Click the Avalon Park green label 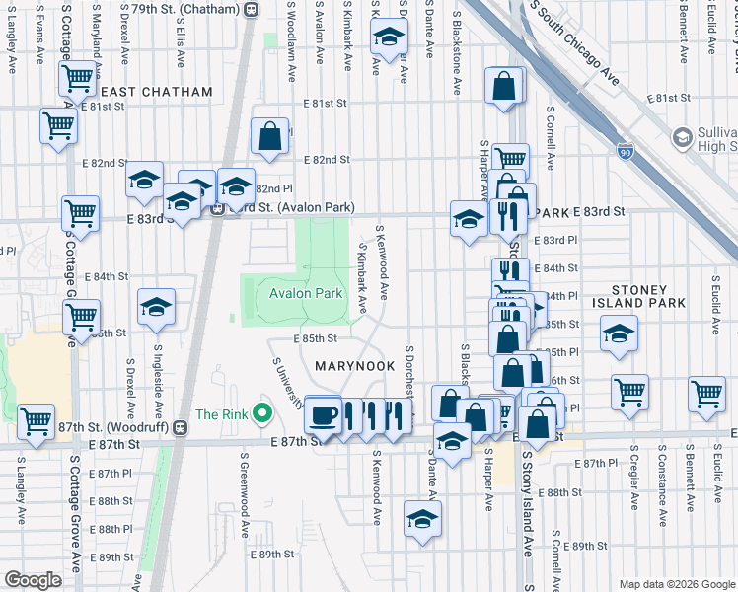pyautogui.click(x=300, y=293)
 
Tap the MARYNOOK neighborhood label pyautogui.click(x=353, y=366)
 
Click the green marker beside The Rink pyautogui.click(x=261, y=412)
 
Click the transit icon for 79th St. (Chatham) pyautogui.click(x=251, y=9)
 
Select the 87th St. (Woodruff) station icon pyautogui.click(x=180, y=427)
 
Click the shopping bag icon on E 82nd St pyautogui.click(x=269, y=137)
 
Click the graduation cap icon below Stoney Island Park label pyautogui.click(x=620, y=333)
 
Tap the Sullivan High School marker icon pyautogui.click(x=682, y=137)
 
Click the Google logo pyautogui.click(x=33, y=580)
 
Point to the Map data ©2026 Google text pyautogui.click(x=676, y=584)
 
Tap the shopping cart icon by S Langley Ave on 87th pyautogui.click(x=37, y=421)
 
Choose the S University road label pyautogui.click(x=288, y=382)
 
